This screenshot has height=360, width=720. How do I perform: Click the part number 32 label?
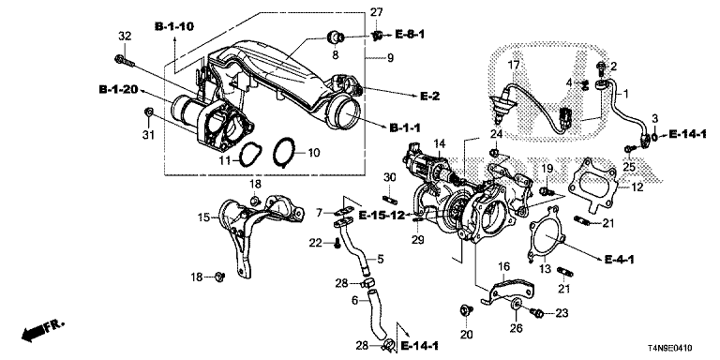pyautogui.click(x=125, y=36)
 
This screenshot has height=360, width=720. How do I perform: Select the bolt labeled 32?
pyautogui.click(x=124, y=60)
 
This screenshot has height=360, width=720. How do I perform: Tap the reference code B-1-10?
pyautogui.click(x=174, y=26)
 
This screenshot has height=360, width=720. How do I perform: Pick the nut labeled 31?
pyautogui.click(x=148, y=112)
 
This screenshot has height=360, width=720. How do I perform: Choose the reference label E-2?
pyautogui.click(x=429, y=96)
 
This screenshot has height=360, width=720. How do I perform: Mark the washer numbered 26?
pyautogui.click(x=516, y=304)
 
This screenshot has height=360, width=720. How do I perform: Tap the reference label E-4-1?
pyautogui.click(x=619, y=260)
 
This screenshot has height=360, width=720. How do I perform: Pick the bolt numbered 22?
pyautogui.click(x=337, y=244)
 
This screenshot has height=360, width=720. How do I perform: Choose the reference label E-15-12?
pyautogui.click(x=382, y=215)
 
